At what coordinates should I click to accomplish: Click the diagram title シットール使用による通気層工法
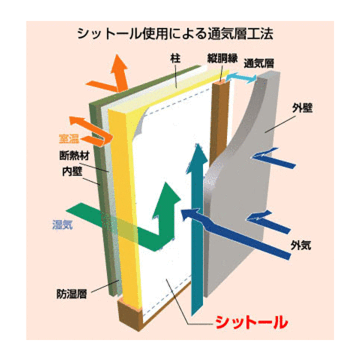tap(175, 34)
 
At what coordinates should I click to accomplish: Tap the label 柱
tap(175, 58)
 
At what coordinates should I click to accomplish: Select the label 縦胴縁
tap(222, 58)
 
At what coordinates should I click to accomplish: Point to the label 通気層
tap(259, 63)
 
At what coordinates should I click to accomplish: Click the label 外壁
tap(302, 107)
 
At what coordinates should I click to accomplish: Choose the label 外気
tap(301, 245)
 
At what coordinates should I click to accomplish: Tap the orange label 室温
tap(69, 139)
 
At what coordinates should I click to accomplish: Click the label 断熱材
tap(74, 155)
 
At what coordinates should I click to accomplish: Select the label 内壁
tap(72, 171)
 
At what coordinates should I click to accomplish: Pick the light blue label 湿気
tap(62, 224)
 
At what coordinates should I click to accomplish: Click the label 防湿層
tap(71, 294)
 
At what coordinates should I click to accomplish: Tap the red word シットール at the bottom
tap(251, 322)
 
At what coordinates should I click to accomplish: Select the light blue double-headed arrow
tap(241, 78)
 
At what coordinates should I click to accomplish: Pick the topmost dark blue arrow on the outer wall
tap(273, 158)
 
